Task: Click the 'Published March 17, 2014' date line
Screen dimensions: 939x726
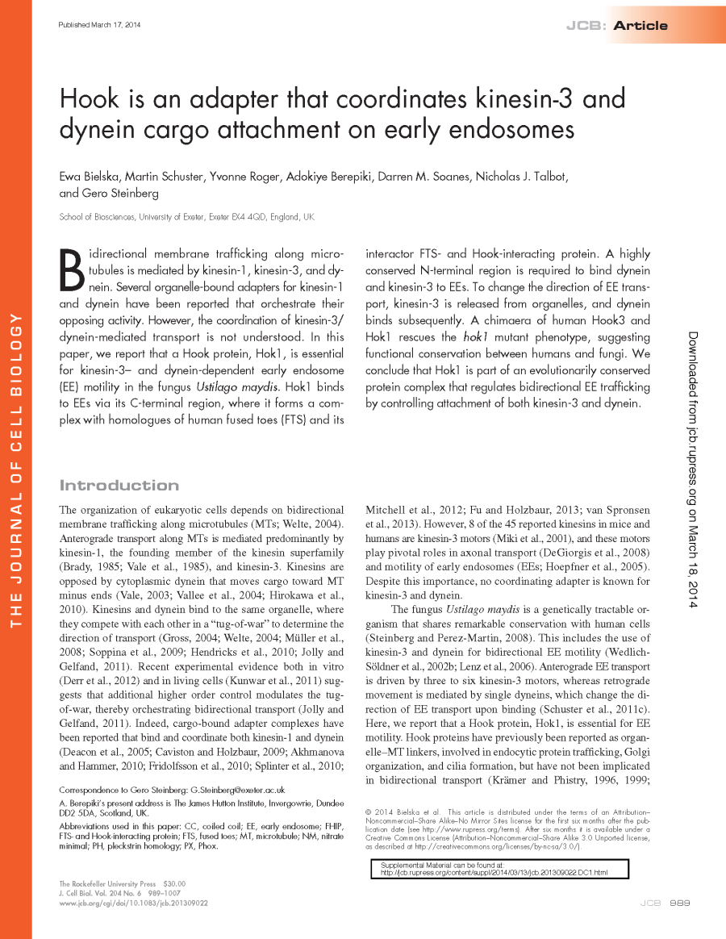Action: pos(100,25)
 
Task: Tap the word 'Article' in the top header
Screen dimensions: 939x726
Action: pos(640,26)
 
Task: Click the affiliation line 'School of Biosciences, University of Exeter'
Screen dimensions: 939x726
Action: pos(186,217)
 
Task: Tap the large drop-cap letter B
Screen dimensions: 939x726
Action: pos(72,269)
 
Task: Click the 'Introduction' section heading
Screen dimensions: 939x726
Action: pos(119,485)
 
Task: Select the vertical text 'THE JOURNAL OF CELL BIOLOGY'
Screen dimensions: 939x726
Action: pos(15,467)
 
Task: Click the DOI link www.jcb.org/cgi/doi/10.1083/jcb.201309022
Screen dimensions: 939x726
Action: pos(133,904)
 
